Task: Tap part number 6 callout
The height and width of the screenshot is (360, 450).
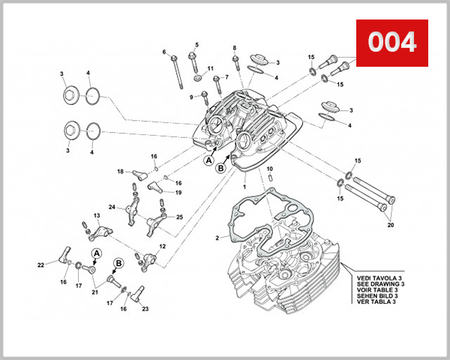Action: tap(163, 52)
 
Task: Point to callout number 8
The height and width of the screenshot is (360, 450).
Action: tap(234, 47)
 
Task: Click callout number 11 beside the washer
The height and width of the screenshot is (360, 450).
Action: tap(211, 68)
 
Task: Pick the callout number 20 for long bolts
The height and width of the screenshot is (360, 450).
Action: tap(390, 225)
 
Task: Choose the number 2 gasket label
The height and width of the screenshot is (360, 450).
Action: tap(217, 238)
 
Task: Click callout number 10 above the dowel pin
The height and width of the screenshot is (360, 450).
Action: tap(268, 169)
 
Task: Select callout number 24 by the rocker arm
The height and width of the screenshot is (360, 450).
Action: tap(111, 207)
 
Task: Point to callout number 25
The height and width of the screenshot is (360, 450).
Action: tap(180, 217)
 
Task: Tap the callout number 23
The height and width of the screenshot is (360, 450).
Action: tap(144, 308)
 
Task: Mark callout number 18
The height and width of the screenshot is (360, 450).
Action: tap(119, 172)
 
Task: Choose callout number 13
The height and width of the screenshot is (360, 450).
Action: tap(97, 215)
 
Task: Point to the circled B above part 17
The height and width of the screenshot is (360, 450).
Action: tap(118, 263)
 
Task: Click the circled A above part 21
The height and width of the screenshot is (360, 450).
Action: tap(96, 253)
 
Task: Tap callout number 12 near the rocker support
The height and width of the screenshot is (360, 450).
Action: tap(162, 247)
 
